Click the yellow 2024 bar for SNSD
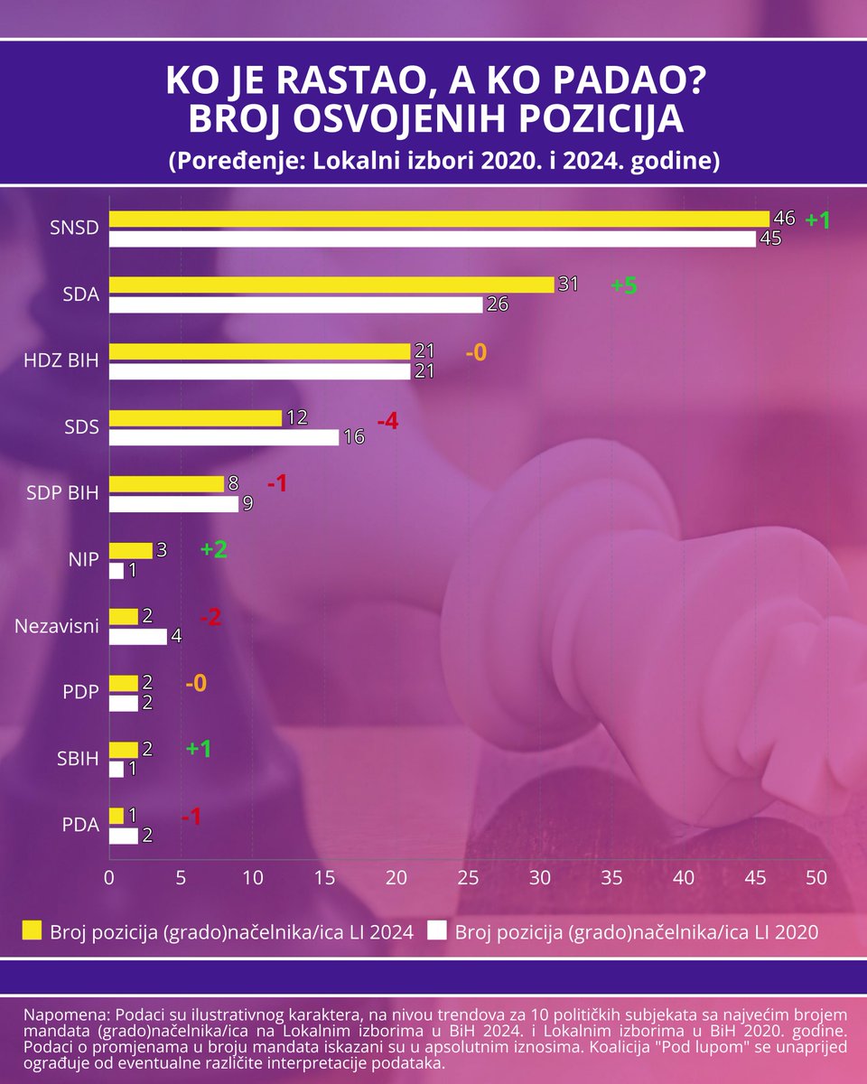[x=438, y=219]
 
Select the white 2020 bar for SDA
[x=295, y=305]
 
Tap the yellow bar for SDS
[x=195, y=417]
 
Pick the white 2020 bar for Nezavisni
[x=137, y=637]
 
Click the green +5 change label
[x=624, y=286]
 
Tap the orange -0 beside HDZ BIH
[x=476, y=353]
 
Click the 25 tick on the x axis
[x=468, y=878]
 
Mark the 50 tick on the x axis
[x=816, y=878]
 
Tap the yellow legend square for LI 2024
[x=32, y=931]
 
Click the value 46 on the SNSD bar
[x=783, y=218]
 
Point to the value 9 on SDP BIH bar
[x=247, y=505]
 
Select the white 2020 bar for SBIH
[x=116, y=770]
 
